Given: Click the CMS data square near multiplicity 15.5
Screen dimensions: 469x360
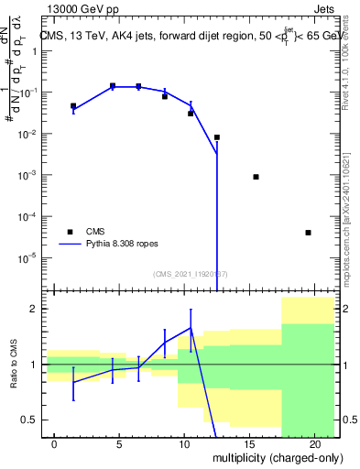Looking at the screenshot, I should click(256, 177).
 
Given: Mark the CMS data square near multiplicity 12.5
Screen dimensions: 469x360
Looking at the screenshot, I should click(217, 137).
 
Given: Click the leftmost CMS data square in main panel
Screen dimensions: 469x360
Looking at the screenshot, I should click(73, 106).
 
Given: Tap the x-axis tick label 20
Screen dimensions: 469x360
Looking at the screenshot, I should click(314, 444).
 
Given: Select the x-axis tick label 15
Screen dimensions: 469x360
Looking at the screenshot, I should click(249, 444).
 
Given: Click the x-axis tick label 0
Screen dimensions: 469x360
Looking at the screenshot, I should click(54, 444).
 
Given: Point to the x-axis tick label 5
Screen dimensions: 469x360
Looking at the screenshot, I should click(119, 444).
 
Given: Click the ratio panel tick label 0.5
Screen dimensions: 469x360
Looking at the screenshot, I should click(28, 420).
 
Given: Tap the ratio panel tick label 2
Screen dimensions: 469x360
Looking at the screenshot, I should click(33, 309).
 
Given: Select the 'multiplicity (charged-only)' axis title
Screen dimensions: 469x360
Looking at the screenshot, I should click(277, 457).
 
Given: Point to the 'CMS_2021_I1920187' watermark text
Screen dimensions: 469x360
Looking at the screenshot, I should click(191, 273).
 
